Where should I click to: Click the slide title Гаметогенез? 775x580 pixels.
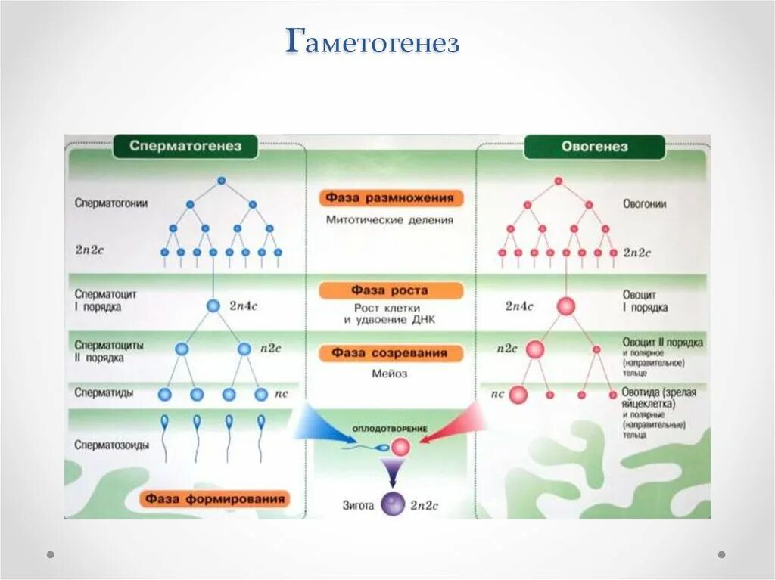click(372, 43)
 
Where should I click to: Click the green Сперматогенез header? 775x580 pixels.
click(185, 147)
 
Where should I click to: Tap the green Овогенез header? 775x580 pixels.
click(594, 147)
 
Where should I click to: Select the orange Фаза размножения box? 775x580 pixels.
click(391, 198)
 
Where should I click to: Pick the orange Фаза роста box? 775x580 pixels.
click(390, 290)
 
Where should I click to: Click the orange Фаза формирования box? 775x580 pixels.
click(216, 498)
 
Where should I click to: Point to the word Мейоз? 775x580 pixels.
click(390, 373)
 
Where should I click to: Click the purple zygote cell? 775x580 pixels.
click(393, 504)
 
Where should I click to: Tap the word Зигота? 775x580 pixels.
click(357, 505)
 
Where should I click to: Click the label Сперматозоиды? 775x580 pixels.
click(112, 445)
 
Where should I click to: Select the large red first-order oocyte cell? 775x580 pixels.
click(565, 306)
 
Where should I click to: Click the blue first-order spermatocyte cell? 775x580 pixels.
click(213, 306)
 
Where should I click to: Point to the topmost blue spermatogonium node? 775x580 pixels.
click(221, 181)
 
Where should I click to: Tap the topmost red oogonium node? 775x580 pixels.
click(558, 181)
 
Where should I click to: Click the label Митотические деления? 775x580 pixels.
click(390, 220)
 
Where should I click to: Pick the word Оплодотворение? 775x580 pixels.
click(390, 429)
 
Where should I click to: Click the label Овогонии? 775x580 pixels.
click(645, 203)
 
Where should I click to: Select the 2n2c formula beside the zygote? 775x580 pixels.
click(425, 505)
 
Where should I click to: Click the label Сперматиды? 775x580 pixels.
click(104, 392)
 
